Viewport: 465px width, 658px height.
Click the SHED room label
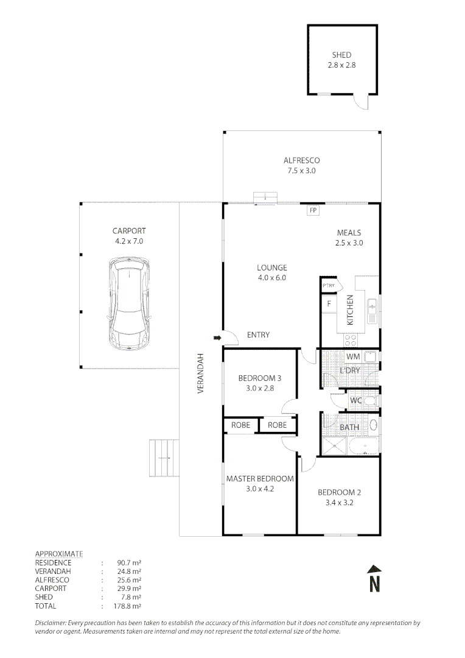point(341,55)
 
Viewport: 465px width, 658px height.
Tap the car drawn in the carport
point(129,303)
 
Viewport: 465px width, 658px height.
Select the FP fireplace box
point(313,210)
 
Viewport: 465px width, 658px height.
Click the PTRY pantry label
point(329,285)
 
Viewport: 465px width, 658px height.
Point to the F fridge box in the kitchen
point(329,303)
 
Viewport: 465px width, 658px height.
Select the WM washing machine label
point(353,356)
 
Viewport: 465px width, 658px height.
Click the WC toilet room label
point(355,400)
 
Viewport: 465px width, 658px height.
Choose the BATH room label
point(349,427)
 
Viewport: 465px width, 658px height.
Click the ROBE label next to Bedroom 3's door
point(277,425)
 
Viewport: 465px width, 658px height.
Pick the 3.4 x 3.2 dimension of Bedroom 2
point(339,502)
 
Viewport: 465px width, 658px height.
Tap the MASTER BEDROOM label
point(260,478)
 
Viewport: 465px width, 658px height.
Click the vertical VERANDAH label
point(200,373)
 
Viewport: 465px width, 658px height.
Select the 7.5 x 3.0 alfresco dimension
point(301,171)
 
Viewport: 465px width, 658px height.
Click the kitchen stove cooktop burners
point(351,341)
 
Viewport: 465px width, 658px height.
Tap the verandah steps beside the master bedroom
point(164,458)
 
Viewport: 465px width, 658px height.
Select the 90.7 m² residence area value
point(128,563)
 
